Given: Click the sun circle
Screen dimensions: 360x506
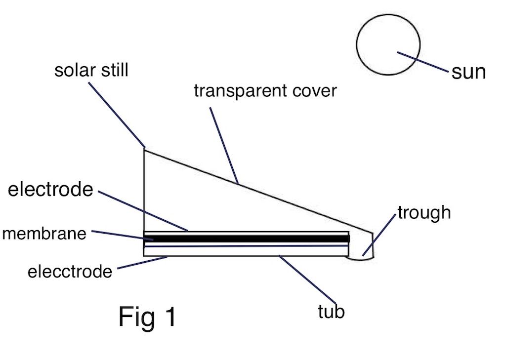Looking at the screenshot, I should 388,44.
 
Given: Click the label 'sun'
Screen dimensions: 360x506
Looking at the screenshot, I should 468,72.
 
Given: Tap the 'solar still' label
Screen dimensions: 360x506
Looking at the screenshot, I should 91,70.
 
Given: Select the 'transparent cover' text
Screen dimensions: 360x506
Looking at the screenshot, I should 265,91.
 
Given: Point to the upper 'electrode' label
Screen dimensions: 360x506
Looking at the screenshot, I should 50,189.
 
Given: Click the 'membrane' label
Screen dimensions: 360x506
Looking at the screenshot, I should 44,233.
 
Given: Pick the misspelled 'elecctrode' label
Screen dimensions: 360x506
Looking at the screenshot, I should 70,271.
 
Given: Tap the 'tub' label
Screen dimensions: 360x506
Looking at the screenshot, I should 331,312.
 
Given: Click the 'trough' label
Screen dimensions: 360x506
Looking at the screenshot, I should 424,212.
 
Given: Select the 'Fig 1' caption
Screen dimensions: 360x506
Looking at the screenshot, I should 147,317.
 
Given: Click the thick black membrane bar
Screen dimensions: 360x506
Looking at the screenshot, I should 247,239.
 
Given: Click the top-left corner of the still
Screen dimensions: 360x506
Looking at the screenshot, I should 144,148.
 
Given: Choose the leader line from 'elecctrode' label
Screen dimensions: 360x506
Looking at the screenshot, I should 143,263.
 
